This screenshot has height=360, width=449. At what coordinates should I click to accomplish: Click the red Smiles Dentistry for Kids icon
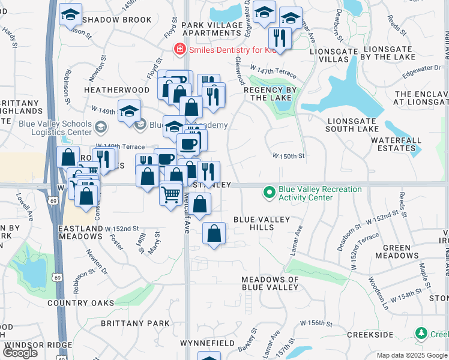(x=178, y=50)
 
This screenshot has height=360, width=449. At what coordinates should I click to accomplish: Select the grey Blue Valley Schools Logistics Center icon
(x=101, y=126)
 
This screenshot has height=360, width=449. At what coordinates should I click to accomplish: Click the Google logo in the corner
(x=20, y=352)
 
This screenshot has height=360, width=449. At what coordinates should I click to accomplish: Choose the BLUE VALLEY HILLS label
(x=262, y=223)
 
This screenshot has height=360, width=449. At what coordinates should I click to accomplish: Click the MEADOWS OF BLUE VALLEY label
(x=270, y=283)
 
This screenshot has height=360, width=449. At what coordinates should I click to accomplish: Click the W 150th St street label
(x=289, y=156)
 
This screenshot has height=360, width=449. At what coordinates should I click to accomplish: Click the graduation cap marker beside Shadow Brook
(x=70, y=14)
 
